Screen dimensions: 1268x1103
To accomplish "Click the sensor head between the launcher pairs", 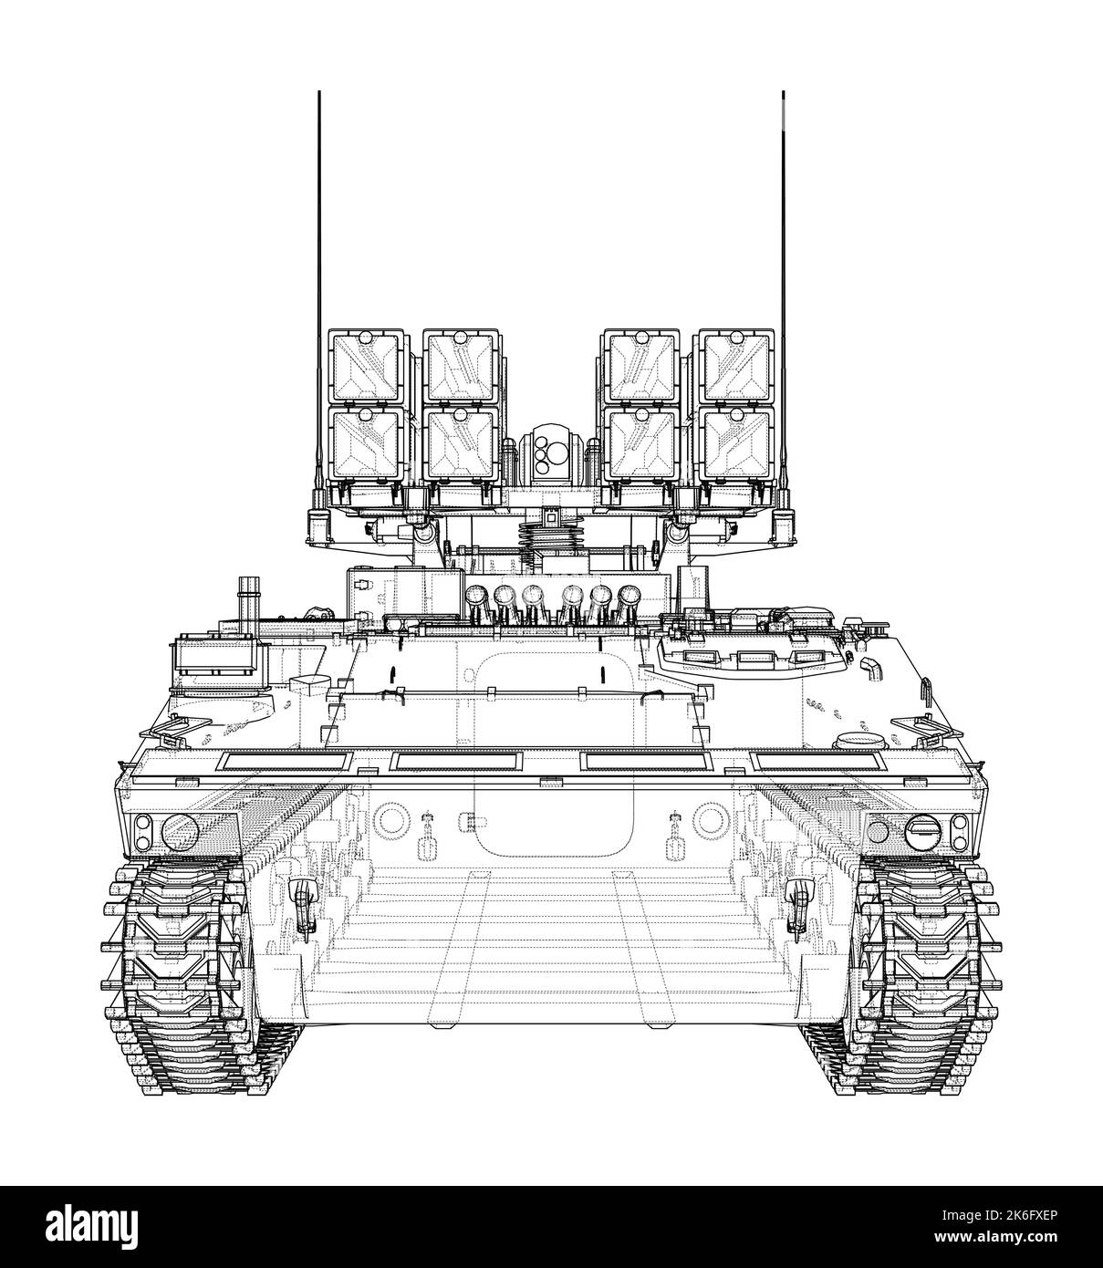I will click(550, 452).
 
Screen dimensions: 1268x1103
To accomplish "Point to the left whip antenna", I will click(319, 274).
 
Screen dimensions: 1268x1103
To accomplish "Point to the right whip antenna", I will click(783, 274).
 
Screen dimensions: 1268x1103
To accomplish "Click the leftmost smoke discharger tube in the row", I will click(475, 598).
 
